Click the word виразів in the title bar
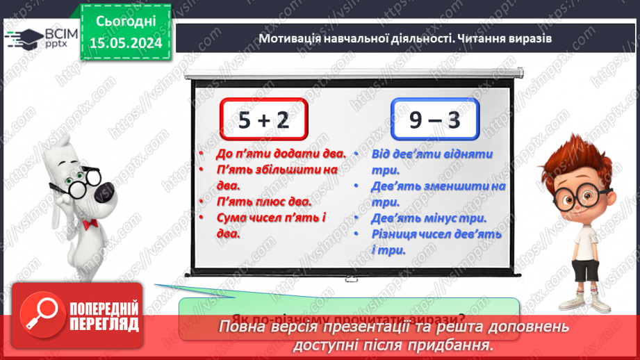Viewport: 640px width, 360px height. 531,38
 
